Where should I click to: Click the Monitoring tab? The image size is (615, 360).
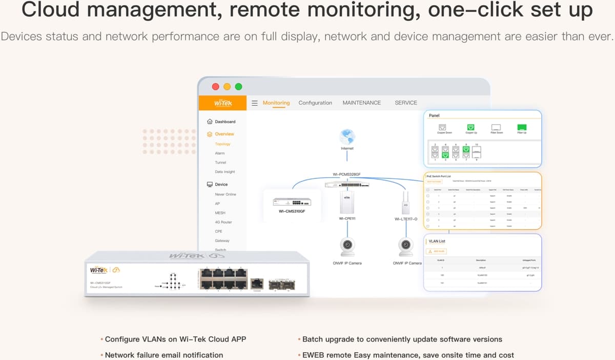click(x=276, y=103)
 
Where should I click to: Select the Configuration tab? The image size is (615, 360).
click(x=315, y=103)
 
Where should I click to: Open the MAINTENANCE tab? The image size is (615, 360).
click(x=361, y=103)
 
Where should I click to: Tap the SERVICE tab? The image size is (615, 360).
click(x=406, y=103)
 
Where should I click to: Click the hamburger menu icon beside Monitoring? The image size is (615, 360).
click(x=255, y=103)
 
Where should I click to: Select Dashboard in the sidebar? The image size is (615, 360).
click(x=225, y=122)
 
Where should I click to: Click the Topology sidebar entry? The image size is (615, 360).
click(x=222, y=144)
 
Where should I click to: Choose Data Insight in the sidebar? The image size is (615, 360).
click(x=225, y=172)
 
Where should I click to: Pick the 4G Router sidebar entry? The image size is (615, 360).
click(x=223, y=222)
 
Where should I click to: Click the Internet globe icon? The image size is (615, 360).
click(x=347, y=136)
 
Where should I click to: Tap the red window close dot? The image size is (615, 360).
click(x=216, y=87)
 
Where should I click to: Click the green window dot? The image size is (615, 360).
click(x=238, y=87)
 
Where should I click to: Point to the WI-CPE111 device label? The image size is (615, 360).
click(x=347, y=218)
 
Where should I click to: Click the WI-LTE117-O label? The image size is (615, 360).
click(x=405, y=219)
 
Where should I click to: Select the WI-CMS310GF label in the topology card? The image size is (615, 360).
click(x=292, y=211)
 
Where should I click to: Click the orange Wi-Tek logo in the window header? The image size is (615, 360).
click(x=223, y=103)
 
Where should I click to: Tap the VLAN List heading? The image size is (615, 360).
click(x=437, y=241)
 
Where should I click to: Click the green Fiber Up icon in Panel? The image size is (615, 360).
click(x=522, y=127)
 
